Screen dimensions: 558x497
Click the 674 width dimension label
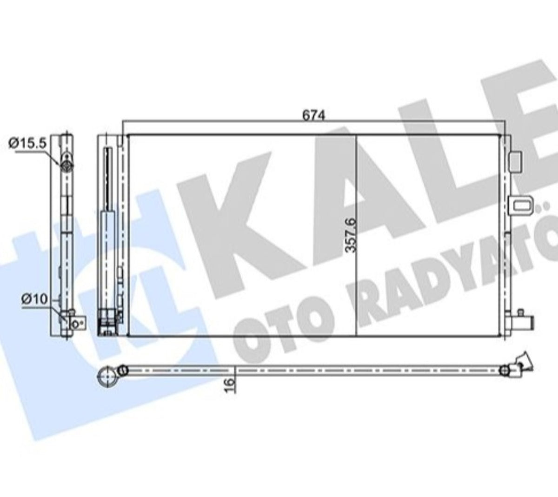(314, 115)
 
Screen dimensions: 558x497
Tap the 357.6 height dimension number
(351, 235)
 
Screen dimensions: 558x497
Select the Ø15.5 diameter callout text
(28, 143)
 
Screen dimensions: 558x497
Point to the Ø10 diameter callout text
(35, 299)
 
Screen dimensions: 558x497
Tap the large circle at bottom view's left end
(108, 377)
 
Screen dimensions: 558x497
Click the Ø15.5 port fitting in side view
(66, 165)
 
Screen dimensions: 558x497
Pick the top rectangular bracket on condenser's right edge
(515, 162)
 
